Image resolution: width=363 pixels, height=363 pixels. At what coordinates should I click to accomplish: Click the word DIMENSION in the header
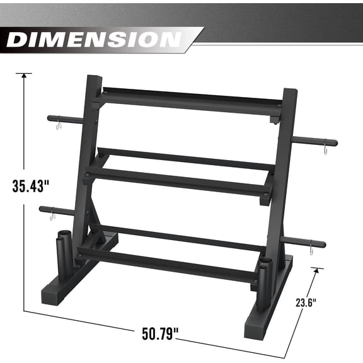click(x=95, y=39)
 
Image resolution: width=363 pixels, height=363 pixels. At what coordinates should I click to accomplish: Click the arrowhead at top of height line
click(x=24, y=75)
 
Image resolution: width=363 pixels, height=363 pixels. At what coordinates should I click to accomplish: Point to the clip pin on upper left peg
click(x=58, y=124)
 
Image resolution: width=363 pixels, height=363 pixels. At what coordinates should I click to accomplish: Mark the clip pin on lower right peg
click(x=312, y=250)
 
